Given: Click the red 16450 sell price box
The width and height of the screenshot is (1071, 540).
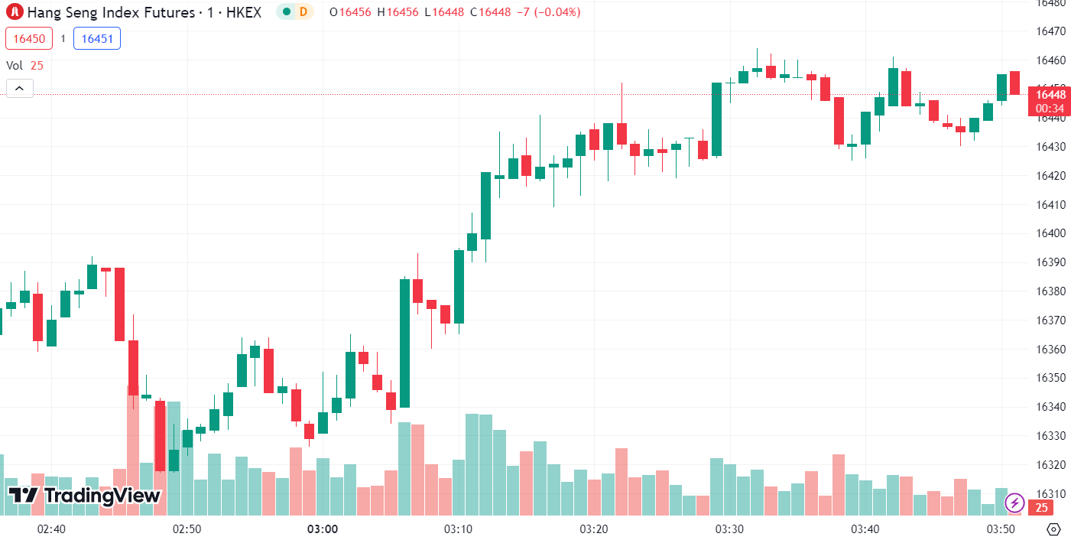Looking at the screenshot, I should tap(30, 38).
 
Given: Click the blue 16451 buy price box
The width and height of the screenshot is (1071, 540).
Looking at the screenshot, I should tap(96, 38).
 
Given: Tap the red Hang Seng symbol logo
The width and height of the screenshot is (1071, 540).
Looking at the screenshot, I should tap(15, 12).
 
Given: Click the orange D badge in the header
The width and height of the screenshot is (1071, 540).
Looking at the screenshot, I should tap(303, 12).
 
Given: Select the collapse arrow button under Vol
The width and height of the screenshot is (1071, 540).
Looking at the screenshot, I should tap(19, 89).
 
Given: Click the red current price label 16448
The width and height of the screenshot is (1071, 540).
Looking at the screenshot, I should tap(1050, 95).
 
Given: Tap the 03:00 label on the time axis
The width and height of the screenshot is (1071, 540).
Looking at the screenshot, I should tap(323, 529).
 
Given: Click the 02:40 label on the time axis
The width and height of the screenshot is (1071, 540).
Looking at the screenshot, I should tap(51, 529).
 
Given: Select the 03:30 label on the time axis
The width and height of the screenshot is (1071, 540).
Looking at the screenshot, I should tap(729, 529).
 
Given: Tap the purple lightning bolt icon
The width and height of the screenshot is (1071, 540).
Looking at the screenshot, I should tap(1014, 503).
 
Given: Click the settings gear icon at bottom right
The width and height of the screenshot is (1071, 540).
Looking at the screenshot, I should tap(1053, 529).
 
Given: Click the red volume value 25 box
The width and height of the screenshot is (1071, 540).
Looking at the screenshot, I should tap(1040, 507).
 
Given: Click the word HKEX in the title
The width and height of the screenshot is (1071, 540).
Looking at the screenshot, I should tap(244, 12).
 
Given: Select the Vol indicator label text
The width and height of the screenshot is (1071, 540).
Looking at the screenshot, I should tap(15, 66).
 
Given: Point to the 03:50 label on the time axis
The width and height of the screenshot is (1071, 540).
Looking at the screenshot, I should tap(1001, 529).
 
